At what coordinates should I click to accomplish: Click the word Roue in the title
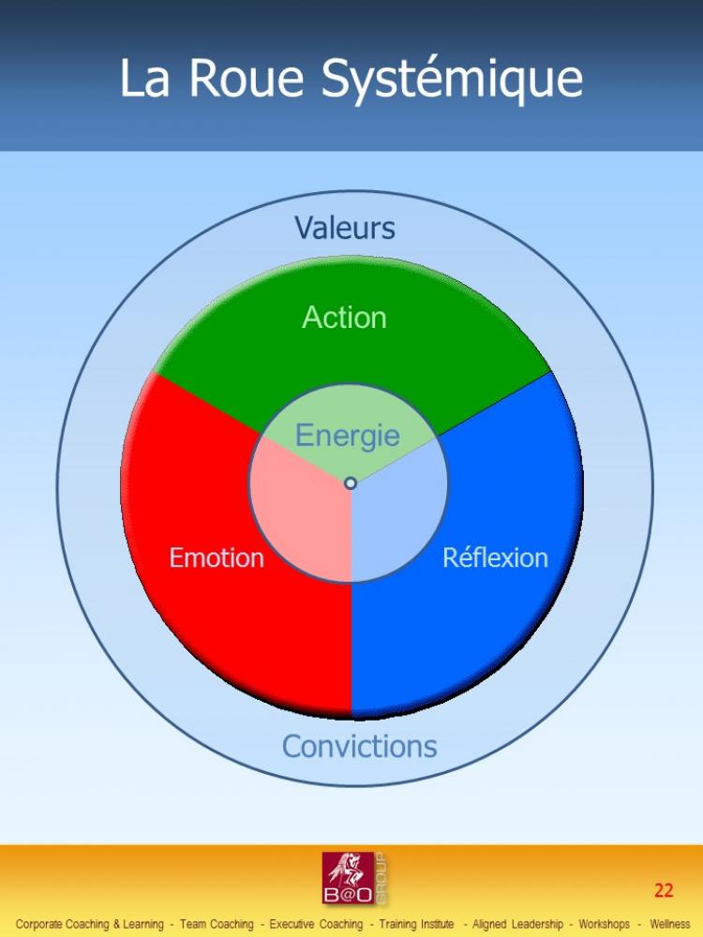click(247, 78)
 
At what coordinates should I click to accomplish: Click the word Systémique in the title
click(452, 80)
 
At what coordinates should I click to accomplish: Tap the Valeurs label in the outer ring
click(345, 228)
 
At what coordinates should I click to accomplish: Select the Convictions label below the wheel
click(359, 747)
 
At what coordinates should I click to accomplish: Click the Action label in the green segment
click(344, 317)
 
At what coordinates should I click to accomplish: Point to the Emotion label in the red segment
click(217, 558)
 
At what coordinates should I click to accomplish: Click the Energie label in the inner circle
click(348, 437)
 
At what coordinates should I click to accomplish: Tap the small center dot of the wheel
click(351, 483)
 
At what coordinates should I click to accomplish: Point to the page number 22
click(664, 890)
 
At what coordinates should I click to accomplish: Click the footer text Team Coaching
click(217, 925)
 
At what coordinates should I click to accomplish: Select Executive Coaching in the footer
click(316, 925)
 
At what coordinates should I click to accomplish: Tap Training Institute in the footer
click(416, 925)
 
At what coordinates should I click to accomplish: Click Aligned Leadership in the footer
click(517, 925)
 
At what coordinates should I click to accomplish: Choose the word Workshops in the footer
click(604, 925)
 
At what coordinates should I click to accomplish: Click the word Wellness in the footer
click(670, 925)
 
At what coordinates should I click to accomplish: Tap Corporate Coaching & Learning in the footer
click(90, 925)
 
